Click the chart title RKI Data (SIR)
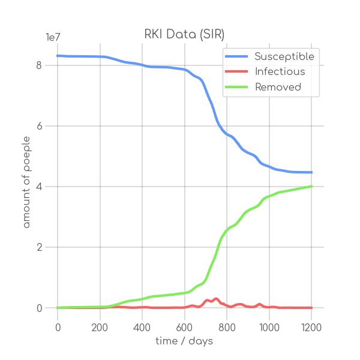(x=185, y=34)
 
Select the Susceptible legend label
(x=284, y=56)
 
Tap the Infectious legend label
(x=280, y=72)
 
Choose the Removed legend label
(x=278, y=87)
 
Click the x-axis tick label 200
(x=100, y=327)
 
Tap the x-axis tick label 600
(x=185, y=327)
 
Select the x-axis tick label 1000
(x=269, y=327)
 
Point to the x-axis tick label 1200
(x=311, y=327)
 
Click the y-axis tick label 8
(x=39, y=65)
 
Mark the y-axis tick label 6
(x=39, y=126)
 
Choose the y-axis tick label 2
(x=39, y=247)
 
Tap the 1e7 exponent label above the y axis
(x=53, y=37)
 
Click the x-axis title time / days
(x=185, y=341)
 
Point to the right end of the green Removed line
(x=311, y=186)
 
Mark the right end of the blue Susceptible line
(x=311, y=172)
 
